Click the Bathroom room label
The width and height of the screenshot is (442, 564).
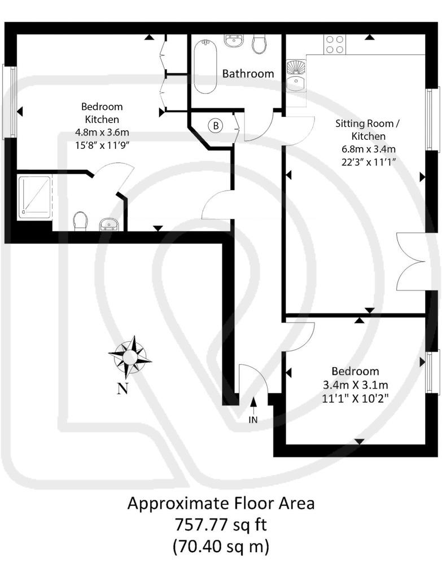248,74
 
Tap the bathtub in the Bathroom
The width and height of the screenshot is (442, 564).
205,67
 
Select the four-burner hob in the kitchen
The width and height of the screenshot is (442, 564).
335,44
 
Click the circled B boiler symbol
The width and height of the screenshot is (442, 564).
216,126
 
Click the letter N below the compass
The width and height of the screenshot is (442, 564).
122,389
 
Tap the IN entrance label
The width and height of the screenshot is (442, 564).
253,420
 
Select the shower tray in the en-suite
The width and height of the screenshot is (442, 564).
34,197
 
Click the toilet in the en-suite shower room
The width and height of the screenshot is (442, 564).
81,221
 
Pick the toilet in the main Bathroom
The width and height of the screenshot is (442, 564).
259,44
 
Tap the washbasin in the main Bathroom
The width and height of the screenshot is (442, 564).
235,41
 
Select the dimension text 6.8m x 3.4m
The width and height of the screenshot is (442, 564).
369,149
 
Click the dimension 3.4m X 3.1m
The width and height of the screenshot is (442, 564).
355,385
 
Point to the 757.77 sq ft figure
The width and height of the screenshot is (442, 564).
221,525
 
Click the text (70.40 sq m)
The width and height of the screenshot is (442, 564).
221,547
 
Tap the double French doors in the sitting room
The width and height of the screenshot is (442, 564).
411,261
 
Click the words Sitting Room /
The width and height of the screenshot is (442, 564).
367,124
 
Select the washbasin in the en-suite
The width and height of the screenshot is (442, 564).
109,224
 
